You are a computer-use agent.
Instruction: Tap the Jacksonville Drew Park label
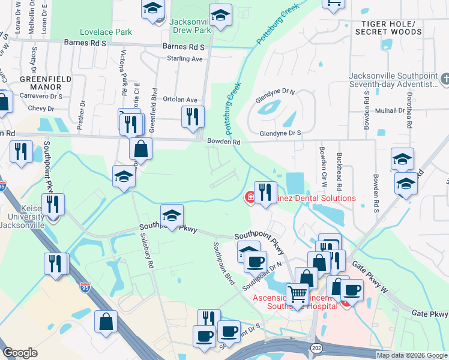[x=190, y=25]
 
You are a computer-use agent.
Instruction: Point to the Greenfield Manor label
[x=46, y=83]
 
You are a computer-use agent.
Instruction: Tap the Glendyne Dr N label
[x=275, y=92]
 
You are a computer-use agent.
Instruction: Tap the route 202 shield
[x=316, y=349]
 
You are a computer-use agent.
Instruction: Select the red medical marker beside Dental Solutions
[x=249, y=197]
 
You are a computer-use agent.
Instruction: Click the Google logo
[x=20, y=353]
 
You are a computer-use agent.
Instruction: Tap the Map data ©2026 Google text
[x=412, y=355]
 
